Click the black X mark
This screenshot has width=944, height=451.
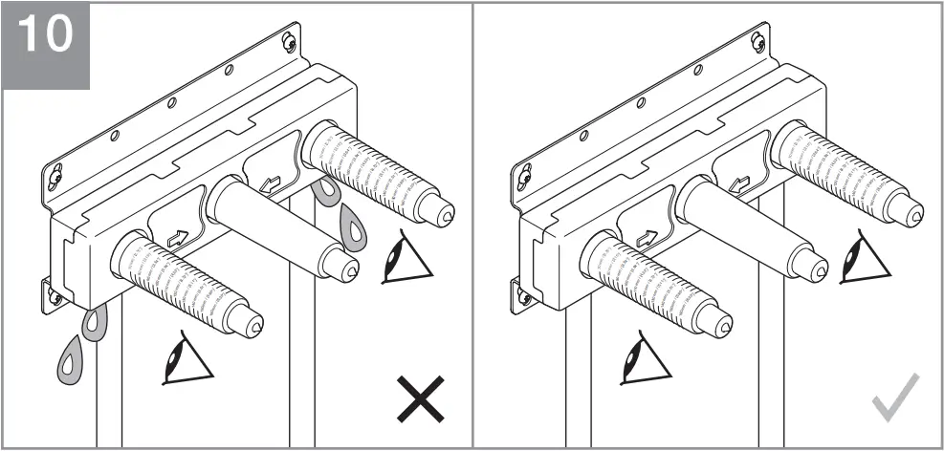pyautogui.click(x=421, y=398)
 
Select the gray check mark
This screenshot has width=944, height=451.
pyautogui.click(x=895, y=397)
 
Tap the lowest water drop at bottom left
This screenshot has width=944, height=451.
pyautogui.click(x=70, y=361)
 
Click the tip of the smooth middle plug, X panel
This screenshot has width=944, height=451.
pyautogui.click(x=349, y=271)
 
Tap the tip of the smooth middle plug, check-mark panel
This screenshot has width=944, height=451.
pyautogui.click(x=819, y=271)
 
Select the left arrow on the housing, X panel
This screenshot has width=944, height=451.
pyautogui.click(x=178, y=238)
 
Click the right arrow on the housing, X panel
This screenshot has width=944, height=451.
pyautogui.click(x=271, y=183)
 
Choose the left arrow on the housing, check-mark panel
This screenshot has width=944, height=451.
pyautogui.click(x=647, y=238)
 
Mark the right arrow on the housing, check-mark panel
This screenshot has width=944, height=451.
pyautogui.click(x=739, y=183)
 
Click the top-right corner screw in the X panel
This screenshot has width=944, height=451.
pyautogui.click(x=290, y=42)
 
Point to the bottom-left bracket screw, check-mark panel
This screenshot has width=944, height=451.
pyautogui.click(x=523, y=297)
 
